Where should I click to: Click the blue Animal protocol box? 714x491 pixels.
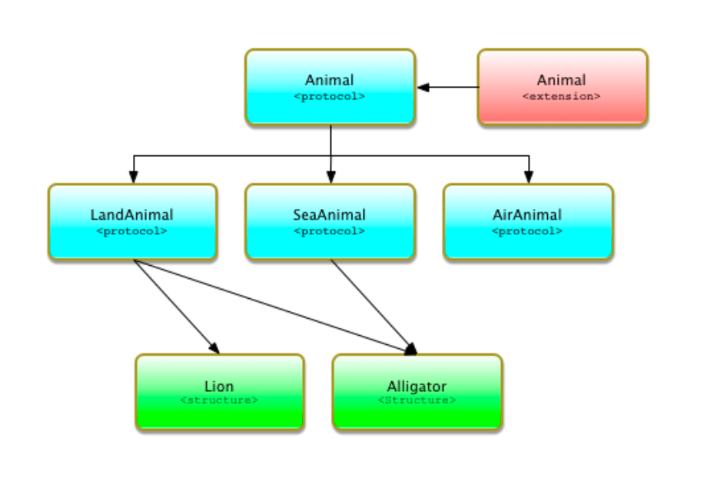(x=330, y=87)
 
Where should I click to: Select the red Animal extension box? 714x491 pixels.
(x=562, y=87)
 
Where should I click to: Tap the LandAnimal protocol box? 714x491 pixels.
(x=132, y=221)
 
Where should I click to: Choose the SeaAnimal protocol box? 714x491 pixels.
(x=330, y=221)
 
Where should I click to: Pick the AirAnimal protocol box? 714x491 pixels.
(x=527, y=221)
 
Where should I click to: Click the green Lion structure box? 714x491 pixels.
(x=219, y=392)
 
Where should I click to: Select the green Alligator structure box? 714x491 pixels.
(x=417, y=392)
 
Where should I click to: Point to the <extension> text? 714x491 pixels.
(x=561, y=97)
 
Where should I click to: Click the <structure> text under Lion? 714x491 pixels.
(x=219, y=400)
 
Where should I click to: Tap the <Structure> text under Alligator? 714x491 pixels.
(x=417, y=400)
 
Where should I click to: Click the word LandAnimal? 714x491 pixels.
(x=132, y=215)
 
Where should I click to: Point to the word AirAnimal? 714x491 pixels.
(x=527, y=215)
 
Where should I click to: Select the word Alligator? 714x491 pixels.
(x=417, y=386)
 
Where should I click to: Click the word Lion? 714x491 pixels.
(x=219, y=386)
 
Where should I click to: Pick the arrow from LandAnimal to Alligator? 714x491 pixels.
(x=269, y=305)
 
